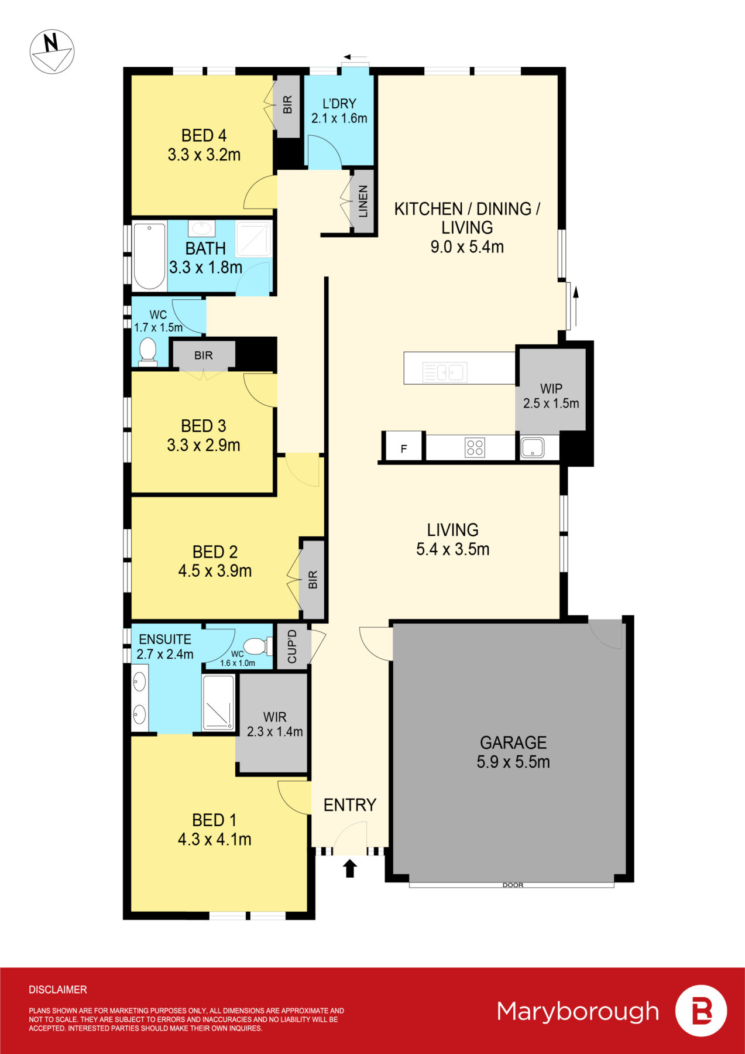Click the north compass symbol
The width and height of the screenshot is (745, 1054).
pos(52,52)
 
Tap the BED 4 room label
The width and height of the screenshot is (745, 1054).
pos(204,136)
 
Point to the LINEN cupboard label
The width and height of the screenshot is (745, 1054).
pos(363,201)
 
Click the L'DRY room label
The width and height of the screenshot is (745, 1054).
pos(339,104)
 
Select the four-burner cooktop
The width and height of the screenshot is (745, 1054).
pos(475,448)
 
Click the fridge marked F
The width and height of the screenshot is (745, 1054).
pos(403,449)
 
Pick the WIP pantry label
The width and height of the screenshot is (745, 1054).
pos(551,389)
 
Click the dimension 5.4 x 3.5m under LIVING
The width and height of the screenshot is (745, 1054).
pos(452,549)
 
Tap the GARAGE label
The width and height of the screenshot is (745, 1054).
pos(513,742)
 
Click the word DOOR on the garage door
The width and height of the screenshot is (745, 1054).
pos(513,885)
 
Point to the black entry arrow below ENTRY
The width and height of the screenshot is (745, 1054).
pos(350,868)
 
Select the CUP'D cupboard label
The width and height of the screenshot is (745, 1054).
pos(292,646)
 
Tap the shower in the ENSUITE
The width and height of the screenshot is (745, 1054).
pos(218,703)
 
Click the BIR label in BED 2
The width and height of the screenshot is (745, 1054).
pos(313,580)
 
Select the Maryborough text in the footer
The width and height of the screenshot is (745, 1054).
pos(578,1011)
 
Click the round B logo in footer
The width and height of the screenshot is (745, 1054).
pos(701,1011)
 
